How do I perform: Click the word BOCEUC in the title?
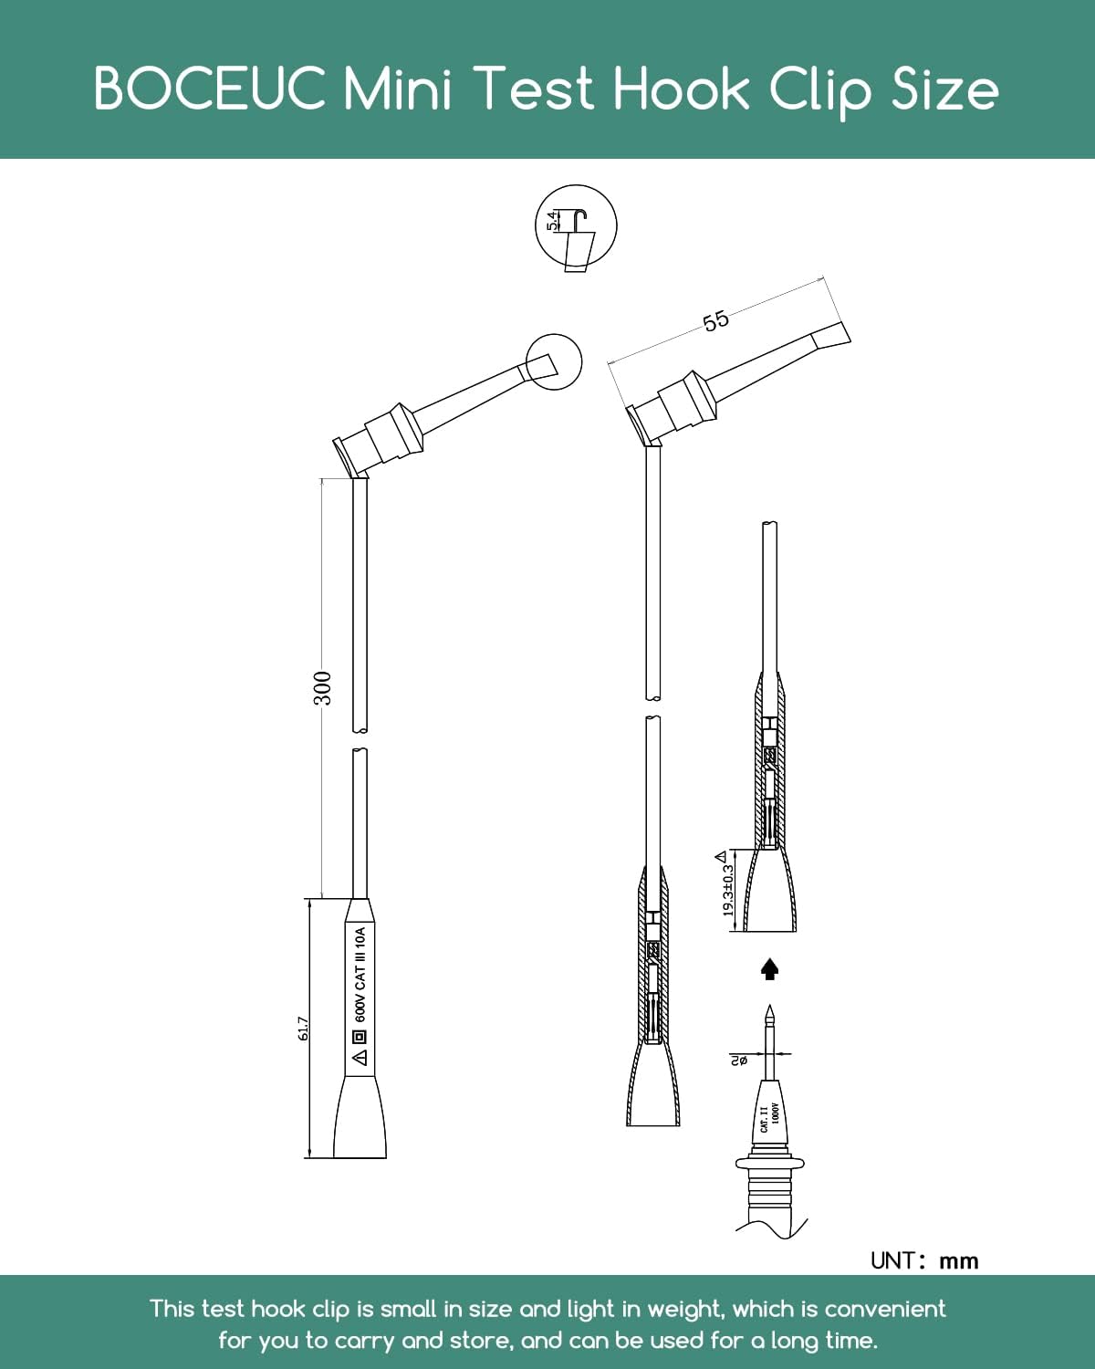210,88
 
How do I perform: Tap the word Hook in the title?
681,88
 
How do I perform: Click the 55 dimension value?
715,320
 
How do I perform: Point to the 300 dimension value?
323,688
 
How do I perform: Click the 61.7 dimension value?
304,1029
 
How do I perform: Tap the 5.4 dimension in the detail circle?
553,220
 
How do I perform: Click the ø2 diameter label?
738,1060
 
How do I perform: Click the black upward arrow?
770,969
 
